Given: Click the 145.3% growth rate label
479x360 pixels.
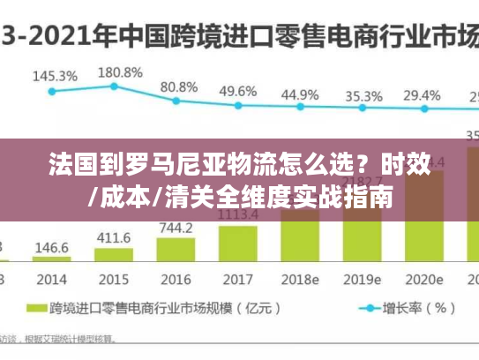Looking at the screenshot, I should click(55, 76).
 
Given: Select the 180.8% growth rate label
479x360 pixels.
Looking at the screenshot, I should click(119, 71).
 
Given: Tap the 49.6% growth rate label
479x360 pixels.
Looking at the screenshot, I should click(238, 91).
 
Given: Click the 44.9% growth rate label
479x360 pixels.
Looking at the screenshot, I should click(301, 94).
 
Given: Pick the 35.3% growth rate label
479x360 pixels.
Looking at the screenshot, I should click(363, 95).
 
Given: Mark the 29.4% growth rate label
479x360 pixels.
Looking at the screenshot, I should click(422, 94).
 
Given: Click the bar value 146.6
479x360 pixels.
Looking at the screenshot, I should click(52, 248).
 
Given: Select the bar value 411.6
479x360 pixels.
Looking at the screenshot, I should click(114, 237).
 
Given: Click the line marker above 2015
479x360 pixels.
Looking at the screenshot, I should click(114, 86).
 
